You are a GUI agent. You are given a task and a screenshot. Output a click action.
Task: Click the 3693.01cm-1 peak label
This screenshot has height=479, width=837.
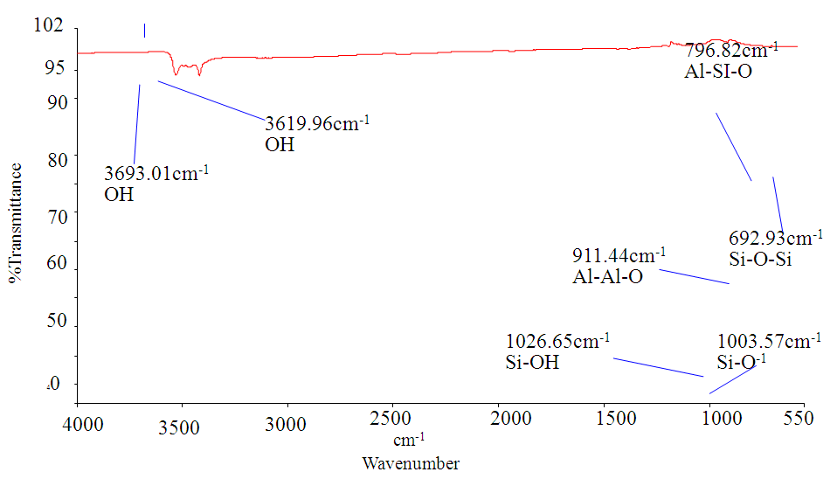[x=156, y=173]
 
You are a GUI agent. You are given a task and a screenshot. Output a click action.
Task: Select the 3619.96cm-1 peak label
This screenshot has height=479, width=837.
[x=317, y=123]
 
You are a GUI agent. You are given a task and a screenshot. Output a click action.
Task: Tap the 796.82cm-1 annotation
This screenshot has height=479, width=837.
[x=731, y=50]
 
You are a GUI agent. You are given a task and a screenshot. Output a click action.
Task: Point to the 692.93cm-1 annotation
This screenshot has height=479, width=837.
[x=775, y=238]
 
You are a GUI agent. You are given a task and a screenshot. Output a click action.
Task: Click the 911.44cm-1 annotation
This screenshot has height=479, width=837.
[x=619, y=256]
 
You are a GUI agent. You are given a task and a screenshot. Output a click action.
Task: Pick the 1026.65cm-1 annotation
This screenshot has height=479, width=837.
[x=557, y=340]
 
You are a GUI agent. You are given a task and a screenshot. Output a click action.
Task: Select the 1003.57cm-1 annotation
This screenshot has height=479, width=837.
[x=768, y=341]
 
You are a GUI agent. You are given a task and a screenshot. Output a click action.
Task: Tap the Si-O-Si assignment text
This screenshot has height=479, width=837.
[x=760, y=260]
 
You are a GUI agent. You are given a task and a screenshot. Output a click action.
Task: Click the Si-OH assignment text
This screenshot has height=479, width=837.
[x=532, y=362]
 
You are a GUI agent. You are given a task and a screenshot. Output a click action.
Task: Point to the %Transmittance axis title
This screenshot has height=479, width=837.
[x=17, y=223]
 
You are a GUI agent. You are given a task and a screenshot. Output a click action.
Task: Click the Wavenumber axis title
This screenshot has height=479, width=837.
[x=411, y=463]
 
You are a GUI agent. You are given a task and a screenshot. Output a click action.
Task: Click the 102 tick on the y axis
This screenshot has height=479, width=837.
[x=48, y=25]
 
